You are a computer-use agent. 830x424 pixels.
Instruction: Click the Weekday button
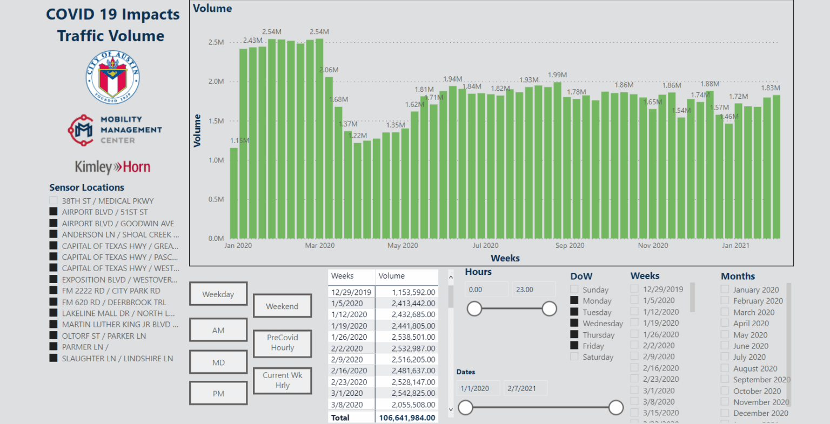pos(218,294)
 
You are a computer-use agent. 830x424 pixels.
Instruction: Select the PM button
pos(218,394)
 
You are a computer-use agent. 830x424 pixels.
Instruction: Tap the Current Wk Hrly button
pos(282,380)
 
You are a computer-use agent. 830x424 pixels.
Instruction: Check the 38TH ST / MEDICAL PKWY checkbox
pos(53,201)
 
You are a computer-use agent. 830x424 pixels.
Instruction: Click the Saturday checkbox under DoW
pos(574,357)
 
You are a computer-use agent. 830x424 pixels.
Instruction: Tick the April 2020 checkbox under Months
pos(725,324)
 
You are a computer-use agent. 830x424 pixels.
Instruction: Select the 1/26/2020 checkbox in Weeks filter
pos(634,334)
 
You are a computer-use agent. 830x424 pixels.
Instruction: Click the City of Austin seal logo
pos(113,77)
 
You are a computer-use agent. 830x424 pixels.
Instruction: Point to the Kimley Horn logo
pos(112,167)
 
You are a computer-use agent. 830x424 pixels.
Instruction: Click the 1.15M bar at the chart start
pos(234,193)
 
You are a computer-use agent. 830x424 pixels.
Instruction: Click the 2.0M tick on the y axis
pos(216,82)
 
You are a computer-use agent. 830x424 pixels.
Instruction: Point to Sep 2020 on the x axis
pos(570,246)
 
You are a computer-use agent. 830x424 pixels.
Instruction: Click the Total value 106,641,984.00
pos(407,418)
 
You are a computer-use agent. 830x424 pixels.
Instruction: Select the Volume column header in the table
pos(392,276)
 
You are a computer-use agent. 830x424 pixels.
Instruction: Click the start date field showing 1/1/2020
pos(475,388)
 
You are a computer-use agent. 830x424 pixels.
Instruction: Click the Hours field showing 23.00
pos(525,290)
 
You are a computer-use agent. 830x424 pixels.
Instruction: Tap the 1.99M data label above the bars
pos(557,75)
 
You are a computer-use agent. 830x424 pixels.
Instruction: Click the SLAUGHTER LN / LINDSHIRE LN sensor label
pos(117,359)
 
